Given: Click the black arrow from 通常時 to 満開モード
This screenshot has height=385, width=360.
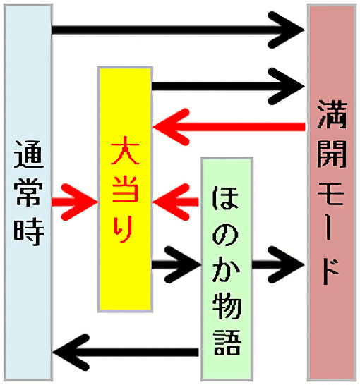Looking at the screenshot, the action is click(178, 30).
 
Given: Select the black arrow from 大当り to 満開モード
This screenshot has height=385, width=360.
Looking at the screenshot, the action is click(228, 86).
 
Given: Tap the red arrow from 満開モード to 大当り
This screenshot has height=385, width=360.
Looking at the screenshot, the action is click(229, 127).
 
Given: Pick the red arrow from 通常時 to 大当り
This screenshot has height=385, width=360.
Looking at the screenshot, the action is click(75, 202).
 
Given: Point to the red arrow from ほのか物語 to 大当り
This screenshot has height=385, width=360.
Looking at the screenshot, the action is click(176, 202).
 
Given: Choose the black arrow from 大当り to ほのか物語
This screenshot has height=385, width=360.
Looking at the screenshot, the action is click(176, 264).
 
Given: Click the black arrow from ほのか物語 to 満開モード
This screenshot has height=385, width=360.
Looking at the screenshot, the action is click(278, 264).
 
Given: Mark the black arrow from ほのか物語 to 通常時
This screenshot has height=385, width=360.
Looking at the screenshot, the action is click(126, 352).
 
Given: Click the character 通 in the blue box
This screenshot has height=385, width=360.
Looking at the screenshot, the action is click(29, 154).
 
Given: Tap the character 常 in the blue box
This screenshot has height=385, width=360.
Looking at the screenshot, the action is click(28, 192).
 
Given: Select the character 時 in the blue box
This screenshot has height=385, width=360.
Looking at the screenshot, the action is click(29, 232).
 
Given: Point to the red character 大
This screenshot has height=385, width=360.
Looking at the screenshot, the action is click(125, 150).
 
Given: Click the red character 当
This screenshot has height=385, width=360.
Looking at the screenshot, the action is click(125, 188).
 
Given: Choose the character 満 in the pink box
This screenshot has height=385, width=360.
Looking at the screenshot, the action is click(332, 114).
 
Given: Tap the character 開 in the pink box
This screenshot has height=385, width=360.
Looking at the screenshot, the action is click(332, 154).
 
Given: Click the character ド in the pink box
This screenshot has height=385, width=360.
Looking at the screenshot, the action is click(331, 271).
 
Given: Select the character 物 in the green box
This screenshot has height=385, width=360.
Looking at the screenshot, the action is click(227, 306).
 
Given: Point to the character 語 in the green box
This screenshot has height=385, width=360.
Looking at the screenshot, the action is click(227, 342).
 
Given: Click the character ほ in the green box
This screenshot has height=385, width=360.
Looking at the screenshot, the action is click(225, 198).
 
